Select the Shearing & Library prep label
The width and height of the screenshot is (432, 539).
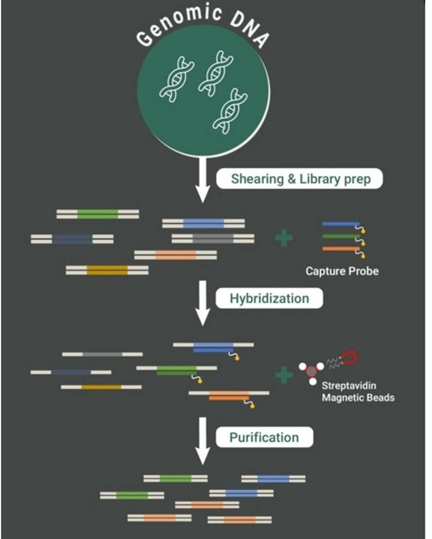coord(299,179)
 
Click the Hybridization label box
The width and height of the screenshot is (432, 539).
coord(269,298)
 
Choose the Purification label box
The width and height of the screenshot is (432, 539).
coord(264,437)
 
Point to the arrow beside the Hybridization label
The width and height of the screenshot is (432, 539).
coord(203,303)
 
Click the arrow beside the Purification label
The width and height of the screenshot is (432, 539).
coord(203,440)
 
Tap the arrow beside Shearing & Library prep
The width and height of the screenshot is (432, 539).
coord(203,180)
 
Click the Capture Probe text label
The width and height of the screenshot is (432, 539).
coord(341,271)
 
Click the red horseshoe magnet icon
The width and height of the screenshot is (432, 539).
coord(350,358)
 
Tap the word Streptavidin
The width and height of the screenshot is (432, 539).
coord(349,386)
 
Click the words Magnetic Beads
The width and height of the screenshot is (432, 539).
coord(358,398)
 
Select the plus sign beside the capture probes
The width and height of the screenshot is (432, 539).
coord(284,238)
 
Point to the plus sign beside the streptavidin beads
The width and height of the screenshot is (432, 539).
coord(284,375)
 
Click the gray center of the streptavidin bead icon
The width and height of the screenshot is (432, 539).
coord(312,371)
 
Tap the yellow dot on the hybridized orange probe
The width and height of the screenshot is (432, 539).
coord(252,406)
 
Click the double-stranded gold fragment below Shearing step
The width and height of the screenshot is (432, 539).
coord(107,270)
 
